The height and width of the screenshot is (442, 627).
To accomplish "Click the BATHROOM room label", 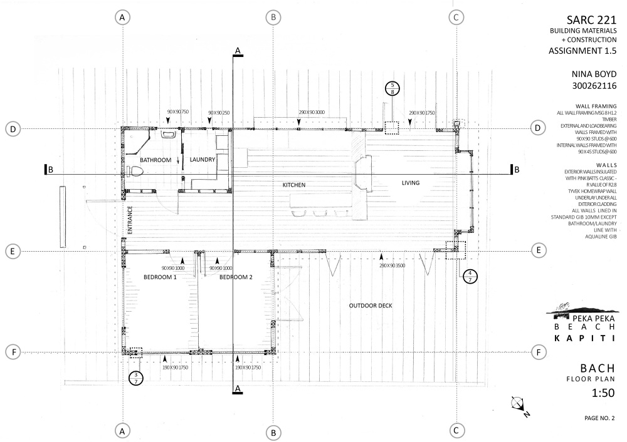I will [x=155, y=160].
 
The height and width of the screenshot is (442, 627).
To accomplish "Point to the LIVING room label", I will [x=411, y=183].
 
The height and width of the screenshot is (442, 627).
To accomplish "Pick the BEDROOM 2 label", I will [x=236, y=277].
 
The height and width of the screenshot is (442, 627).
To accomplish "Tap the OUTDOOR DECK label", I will [x=371, y=306].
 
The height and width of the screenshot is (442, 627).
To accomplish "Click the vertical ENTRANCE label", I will [x=130, y=220].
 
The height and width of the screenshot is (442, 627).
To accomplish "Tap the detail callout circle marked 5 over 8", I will [x=393, y=88].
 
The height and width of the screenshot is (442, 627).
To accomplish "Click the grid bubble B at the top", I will [x=273, y=18].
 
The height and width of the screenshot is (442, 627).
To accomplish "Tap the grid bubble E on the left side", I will [x=12, y=251].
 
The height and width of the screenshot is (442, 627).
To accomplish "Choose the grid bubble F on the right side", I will [x=537, y=352].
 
